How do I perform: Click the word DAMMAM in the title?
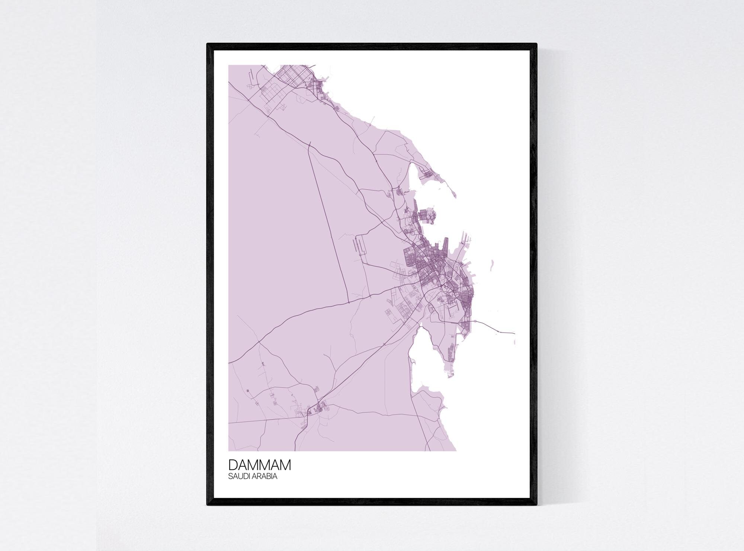point(260,465)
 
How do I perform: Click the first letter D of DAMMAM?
point(232,465)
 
